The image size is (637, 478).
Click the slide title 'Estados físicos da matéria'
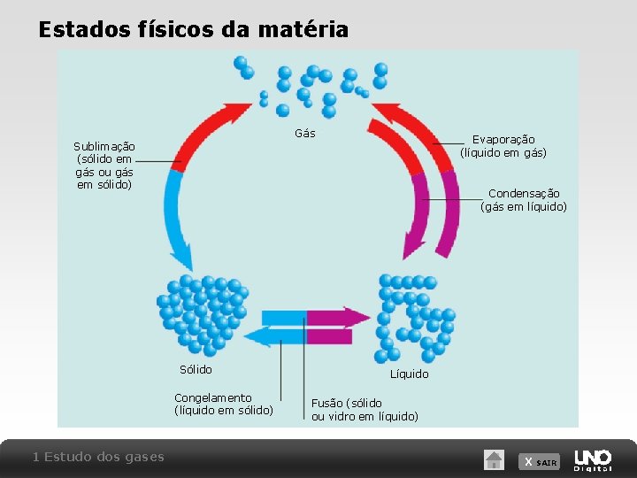193,29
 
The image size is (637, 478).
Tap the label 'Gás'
304,134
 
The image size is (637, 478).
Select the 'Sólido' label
196,369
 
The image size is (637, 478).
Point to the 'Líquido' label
409,374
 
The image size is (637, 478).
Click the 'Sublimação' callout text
104,166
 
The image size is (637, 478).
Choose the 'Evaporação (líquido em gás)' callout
503,146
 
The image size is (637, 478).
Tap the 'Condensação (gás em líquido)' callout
523,200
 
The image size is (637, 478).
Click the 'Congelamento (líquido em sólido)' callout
224,404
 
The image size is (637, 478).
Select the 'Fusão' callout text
365,409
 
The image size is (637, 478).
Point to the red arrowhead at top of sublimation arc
238,114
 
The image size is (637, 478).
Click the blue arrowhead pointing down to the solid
181,258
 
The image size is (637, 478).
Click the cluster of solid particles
202,312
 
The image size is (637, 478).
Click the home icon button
494,459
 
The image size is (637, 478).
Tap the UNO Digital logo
593,459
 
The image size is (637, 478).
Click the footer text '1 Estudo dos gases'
98,457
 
